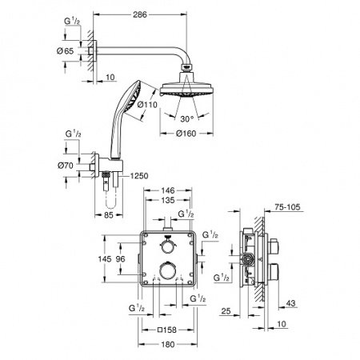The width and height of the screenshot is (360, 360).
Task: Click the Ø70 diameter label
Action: (x=66, y=166)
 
